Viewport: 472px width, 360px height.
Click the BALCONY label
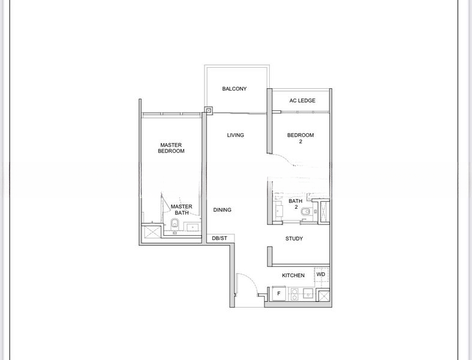(234, 89)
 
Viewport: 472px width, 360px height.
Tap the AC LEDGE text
(302, 101)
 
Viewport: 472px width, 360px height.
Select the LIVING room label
(235, 135)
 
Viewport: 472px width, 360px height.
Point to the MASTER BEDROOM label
(171, 148)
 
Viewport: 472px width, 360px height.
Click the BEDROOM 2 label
(300, 138)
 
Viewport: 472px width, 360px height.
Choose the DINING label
(222, 209)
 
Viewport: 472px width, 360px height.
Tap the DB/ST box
(220, 238)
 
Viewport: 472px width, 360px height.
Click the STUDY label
(294, 239)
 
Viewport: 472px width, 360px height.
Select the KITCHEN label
(293, 275)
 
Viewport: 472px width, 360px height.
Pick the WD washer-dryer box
(321, 274)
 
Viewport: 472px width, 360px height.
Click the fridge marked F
(279, 293)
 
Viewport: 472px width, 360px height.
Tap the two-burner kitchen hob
(294, 294)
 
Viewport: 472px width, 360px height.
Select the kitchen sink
(308, 294)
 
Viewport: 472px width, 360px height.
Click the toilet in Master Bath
(175, 224)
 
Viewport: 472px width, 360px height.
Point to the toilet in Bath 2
(305, 212)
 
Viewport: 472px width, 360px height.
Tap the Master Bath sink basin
(193, 227)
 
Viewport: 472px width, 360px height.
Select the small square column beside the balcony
(209, 110)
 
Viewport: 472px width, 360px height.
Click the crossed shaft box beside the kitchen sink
(324, 296)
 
